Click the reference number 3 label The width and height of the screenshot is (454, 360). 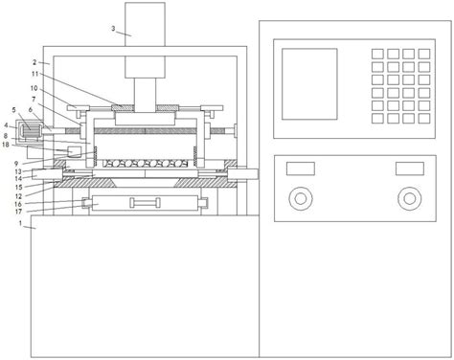pos(113,29)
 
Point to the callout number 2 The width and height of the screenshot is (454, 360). pos(34,62)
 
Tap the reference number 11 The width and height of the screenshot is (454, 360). pos(34,74)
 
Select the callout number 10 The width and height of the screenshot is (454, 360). pos(34,88)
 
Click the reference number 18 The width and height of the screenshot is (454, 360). pos(6,145)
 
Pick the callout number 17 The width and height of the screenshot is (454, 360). pos(18,212)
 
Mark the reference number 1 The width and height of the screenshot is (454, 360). pos(21,223)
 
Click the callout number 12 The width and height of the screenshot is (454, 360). pos(18,196)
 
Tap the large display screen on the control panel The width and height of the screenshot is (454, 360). pos(309,84)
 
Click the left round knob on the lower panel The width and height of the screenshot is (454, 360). pos(301,198)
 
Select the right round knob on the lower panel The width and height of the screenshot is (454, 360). pos(409,198)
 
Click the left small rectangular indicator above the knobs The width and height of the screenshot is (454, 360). pos(301,169)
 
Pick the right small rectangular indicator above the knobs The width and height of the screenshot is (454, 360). pos(410,169)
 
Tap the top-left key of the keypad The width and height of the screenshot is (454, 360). pos(377,54)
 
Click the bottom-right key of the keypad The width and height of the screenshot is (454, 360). pos(424,118)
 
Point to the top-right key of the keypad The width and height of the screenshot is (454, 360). pos(424,54)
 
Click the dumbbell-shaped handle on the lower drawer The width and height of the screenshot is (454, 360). pos(145,203)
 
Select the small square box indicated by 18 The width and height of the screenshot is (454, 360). pos(75,151)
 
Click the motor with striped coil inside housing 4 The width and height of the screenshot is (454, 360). pos(30,131)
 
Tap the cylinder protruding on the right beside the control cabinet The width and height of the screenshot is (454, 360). pos(242,174)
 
